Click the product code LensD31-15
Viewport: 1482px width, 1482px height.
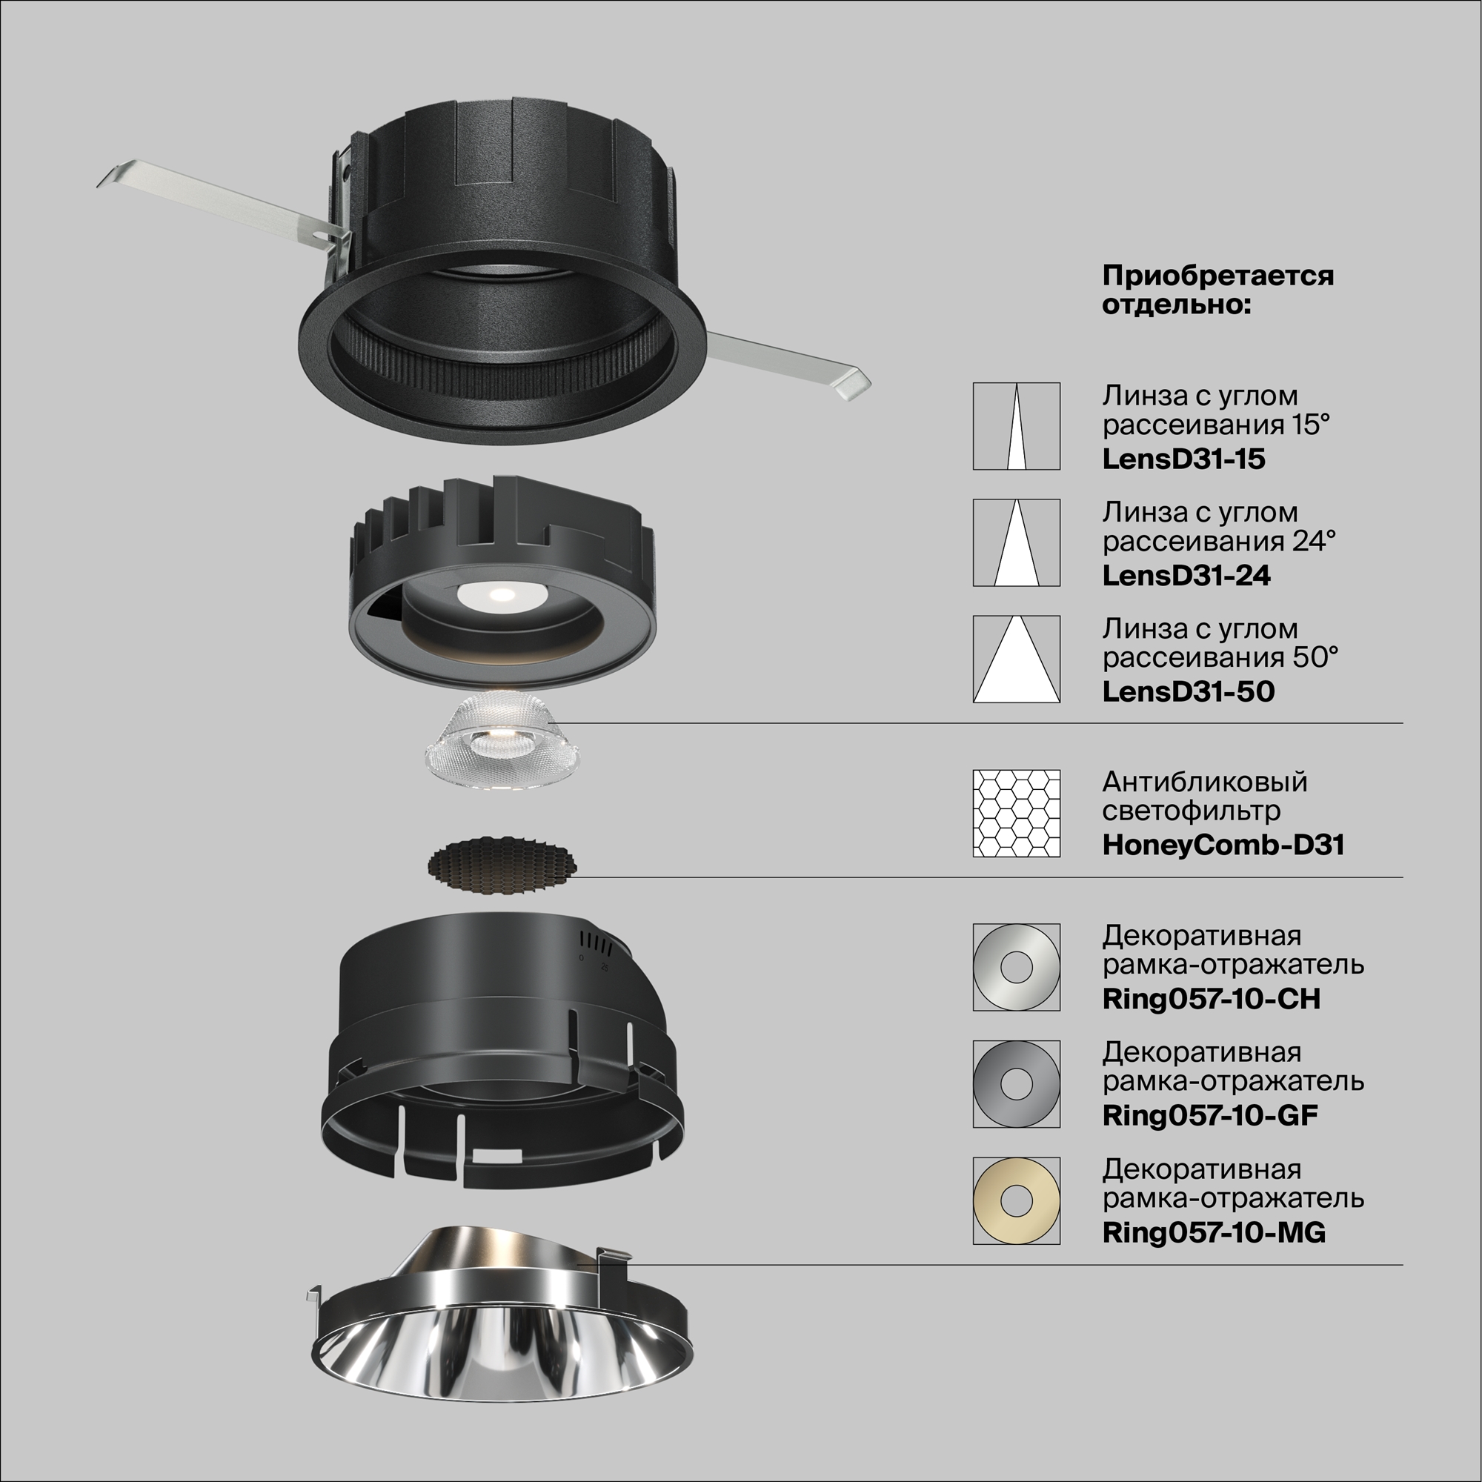coord(1183,459)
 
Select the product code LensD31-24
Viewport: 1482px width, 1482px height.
coord(1186,575)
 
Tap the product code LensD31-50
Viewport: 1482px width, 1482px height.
coord(1189,691)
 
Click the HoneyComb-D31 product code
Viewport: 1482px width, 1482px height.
coord(1223,845)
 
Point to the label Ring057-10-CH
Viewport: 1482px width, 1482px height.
coord(1212,999)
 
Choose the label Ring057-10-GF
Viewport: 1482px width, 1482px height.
coord(1210,1115)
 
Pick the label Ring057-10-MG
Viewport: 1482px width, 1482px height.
coord(1214,1232)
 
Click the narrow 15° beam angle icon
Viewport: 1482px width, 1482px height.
coord(1017,427)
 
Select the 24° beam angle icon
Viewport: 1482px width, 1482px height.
coord(1017,543)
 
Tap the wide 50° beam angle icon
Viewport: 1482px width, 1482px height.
coord(1017,659)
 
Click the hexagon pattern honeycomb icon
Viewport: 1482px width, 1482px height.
coord(1017,813)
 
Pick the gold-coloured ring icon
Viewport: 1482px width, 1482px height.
coord(1017,1200)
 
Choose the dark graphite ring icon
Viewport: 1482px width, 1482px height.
coord(1017,1084)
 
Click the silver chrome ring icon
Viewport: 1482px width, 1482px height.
coord(1017,967)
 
